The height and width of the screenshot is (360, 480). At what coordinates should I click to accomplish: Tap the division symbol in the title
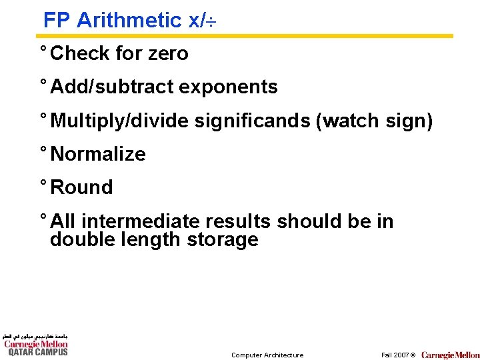(215, 22)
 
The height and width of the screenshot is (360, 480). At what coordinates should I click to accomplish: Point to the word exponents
(227, 87)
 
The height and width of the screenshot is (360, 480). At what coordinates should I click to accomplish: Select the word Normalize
(98, 154)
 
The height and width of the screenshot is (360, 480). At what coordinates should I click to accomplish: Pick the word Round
(81, 187)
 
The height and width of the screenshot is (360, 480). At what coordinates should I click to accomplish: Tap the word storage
(222, 239)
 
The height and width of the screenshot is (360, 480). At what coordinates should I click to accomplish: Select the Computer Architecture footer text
(267, 355)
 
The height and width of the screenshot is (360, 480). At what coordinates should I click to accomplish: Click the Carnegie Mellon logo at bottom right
(450, 355)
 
